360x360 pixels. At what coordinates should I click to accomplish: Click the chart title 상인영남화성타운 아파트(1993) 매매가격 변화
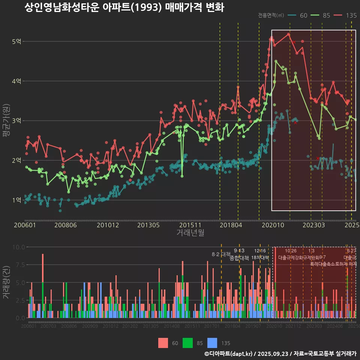coord(124,7)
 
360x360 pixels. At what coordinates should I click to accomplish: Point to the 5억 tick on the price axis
coord(16,41)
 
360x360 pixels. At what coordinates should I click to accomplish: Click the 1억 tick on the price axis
coord(16,200)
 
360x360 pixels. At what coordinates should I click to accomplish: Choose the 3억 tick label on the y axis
coord(16,121)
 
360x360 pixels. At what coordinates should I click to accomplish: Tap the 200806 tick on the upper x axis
coord(66,225)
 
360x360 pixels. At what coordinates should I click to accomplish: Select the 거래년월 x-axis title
coord(190,232)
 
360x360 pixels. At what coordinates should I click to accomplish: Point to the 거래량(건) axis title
coord(6,282)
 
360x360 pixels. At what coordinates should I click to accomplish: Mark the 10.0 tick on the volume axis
coord(18,247)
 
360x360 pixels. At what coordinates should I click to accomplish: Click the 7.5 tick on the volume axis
coord(18,265)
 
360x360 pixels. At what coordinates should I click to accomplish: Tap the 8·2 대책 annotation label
coord(221,254)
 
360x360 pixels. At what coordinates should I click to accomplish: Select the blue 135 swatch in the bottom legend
coord(212,343)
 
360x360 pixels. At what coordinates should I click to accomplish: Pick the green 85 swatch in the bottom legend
coord(187,343)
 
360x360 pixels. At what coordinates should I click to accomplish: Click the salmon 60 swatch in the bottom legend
coord(163,343)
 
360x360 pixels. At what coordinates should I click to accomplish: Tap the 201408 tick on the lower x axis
coord(171,326)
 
